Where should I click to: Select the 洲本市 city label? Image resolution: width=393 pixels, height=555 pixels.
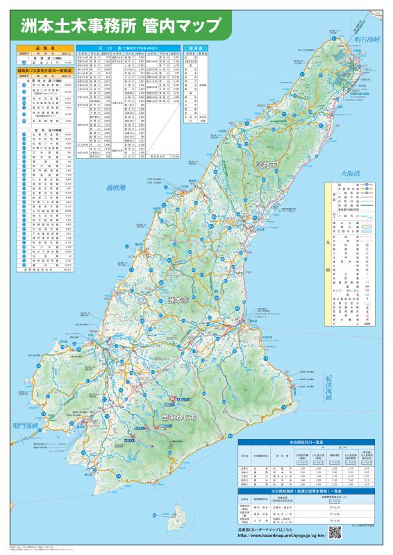coord(178,302)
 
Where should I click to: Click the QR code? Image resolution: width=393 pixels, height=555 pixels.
coord(335,531)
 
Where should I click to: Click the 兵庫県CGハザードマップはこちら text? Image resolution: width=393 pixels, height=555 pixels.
coord(269,529)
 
